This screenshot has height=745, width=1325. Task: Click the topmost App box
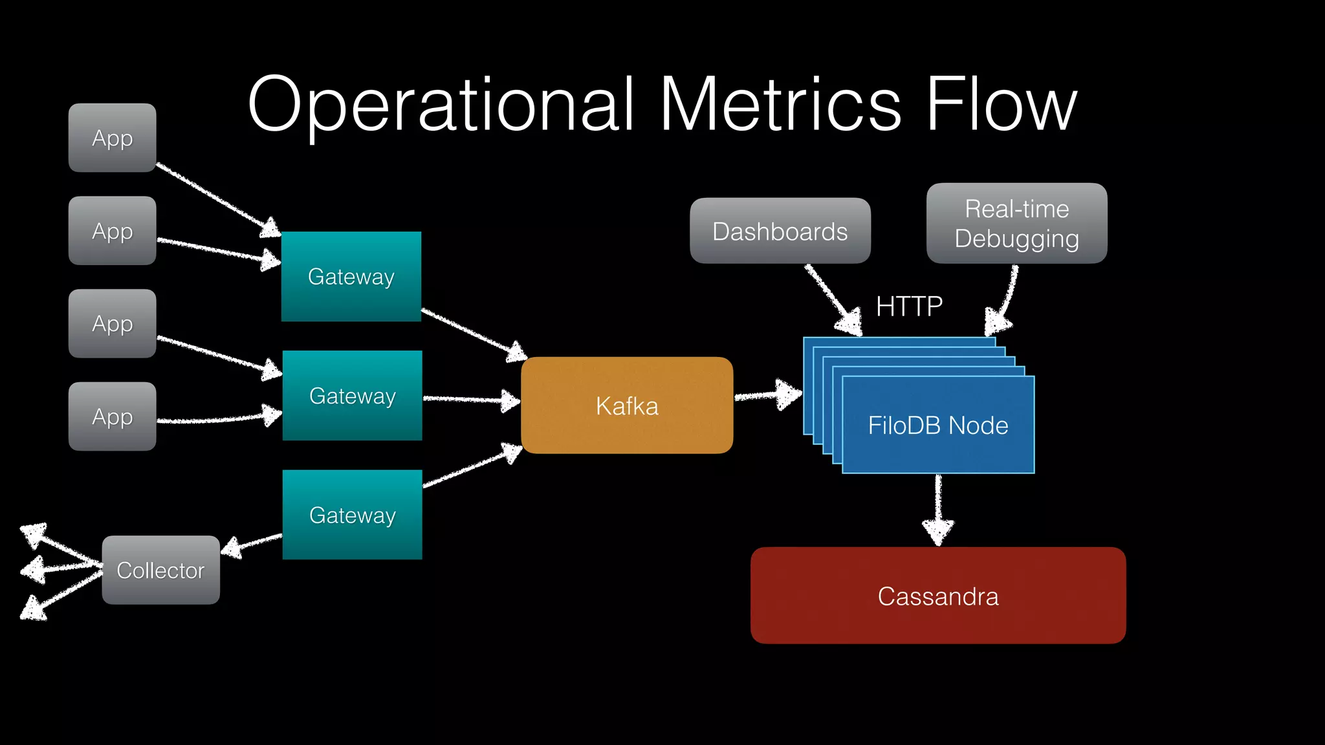pos(112,138)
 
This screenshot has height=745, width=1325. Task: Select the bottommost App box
pos(112,416)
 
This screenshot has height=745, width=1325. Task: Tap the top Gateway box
pos(351,276)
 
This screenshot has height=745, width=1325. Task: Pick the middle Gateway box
pos(353,395)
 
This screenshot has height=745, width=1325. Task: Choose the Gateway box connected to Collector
pos(353,515)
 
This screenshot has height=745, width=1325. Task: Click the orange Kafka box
pos(626,405)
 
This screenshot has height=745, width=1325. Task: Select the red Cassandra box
pos(937,596)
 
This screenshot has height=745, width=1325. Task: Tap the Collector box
pos(160,570)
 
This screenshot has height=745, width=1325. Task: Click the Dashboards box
pos(780,231)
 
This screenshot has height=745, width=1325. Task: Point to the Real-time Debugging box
pos(1016,223)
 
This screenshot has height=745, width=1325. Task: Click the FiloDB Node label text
pos(937,426)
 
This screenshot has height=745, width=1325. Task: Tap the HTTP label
pos(909,306)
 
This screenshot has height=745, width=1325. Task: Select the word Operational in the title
pos(440,105)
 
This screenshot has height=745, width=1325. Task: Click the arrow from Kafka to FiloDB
pos(767,394)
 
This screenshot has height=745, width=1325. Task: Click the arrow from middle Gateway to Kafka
pos(470,400)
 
